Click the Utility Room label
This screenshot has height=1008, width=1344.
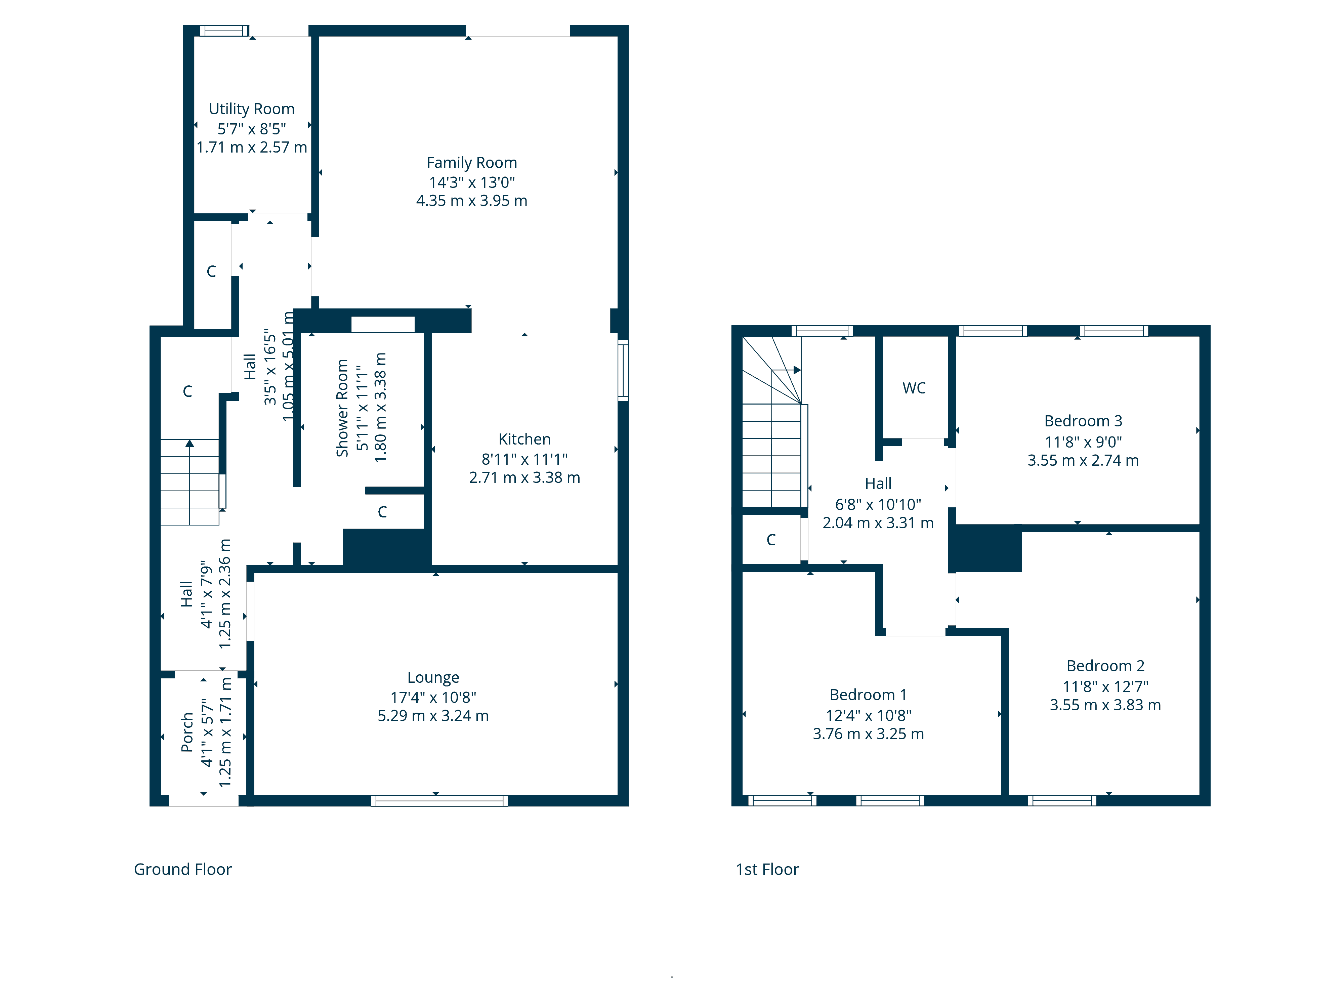tap(252, 109)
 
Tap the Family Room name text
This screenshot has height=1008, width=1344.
tap(471, 163)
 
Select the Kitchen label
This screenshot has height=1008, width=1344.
tap(524, 439)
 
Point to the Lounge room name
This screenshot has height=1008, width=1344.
tap(433, 677)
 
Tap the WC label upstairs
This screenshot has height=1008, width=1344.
tap(914, 388)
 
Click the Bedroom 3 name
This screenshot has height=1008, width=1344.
tap(1083, 421)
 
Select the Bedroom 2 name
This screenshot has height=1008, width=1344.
tap(1105, 666)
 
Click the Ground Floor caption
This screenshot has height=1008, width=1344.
tap(183, 870)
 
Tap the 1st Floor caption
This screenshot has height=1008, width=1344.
tap(767, 870)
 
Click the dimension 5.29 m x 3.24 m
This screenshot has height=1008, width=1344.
tap(433, 716)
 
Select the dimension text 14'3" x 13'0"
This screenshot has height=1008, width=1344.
tap(471, 182)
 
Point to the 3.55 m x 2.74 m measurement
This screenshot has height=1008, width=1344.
tap(1083, 461)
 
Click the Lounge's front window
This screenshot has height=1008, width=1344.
tap(439, 801)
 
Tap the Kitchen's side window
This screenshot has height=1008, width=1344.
tap(623, 370)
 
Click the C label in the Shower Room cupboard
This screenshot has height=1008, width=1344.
tap(382, 512)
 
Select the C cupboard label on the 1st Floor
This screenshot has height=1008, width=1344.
tap(771, 540)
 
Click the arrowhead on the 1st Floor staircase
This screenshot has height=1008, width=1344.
tap(797, 370)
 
